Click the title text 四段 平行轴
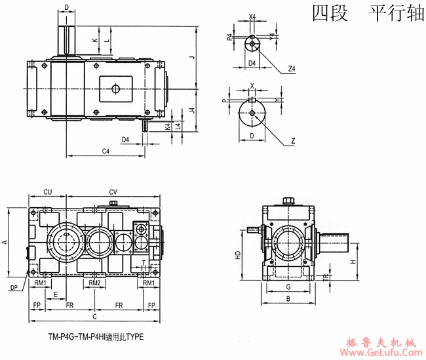tap(368, 14)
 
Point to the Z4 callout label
tap(292, 68)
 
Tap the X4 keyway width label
tap(252, 16)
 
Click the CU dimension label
tap(48, 191)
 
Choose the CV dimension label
tap(113, 191)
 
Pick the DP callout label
tap(14, 287)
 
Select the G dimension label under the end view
tap(288, 287)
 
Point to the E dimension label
tap(56, 294)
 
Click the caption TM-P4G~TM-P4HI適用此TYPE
tap(95, 337)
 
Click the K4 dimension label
tap(168, 125)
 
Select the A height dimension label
tap(5, 242)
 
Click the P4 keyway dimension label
tap(229, 37)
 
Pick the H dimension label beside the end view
tap(353, 262)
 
